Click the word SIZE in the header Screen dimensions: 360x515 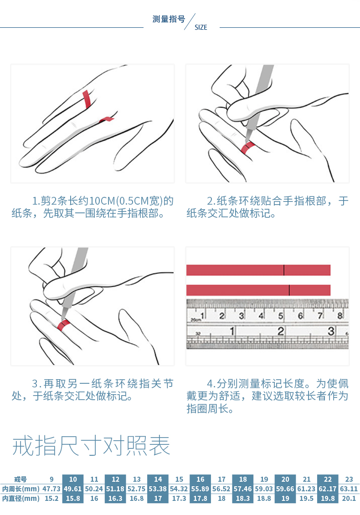[x=201, y=27]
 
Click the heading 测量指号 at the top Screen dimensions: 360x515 [x=169, y=19]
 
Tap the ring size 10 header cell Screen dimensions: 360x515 [x=73, y=479]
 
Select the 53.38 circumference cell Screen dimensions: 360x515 [x=158, y=489]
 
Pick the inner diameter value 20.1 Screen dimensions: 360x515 [x=349, y=498]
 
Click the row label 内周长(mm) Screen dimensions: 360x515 [x=21, y=489]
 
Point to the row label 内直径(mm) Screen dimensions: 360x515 [x=21, y=498]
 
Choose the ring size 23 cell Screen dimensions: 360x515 [x=349, y=479]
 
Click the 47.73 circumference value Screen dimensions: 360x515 [x=51, y=489]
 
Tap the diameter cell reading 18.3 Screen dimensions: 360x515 [x=243, y=498]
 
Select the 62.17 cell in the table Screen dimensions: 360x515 [x=328, y=489]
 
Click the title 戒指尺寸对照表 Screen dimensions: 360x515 [x=91, y=446]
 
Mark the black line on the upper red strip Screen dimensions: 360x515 [x=284, y=270]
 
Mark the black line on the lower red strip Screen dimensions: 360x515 [x=289, y=290]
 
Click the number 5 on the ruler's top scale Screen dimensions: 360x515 [x=281, y=316]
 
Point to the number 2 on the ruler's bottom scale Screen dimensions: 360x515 [x=281, y=331]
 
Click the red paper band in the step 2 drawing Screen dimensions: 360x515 [x=247, y=148]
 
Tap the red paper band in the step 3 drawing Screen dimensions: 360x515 [x=63, y=324]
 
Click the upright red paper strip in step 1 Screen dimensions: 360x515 [x=87, y=99]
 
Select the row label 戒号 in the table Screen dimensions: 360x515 [x=21, y=479]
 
